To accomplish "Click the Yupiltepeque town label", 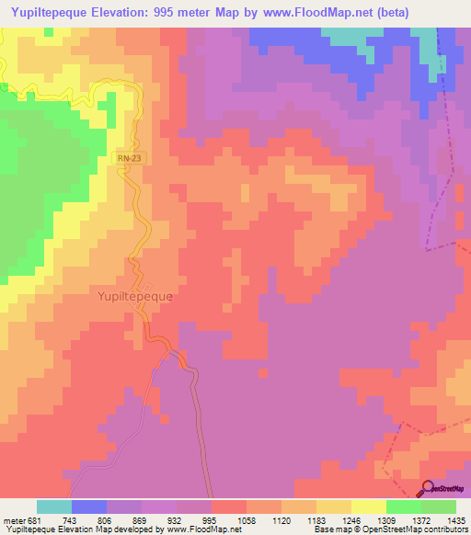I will point(135,297).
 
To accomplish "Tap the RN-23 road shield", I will point(129,159).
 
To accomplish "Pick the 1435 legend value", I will point(457,519).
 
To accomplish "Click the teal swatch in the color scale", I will point(54,507).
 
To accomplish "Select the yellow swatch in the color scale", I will point(369,507).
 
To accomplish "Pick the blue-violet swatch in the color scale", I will point(89,507).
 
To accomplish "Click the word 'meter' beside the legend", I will point(11,519).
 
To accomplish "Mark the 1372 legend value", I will point(421,519).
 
